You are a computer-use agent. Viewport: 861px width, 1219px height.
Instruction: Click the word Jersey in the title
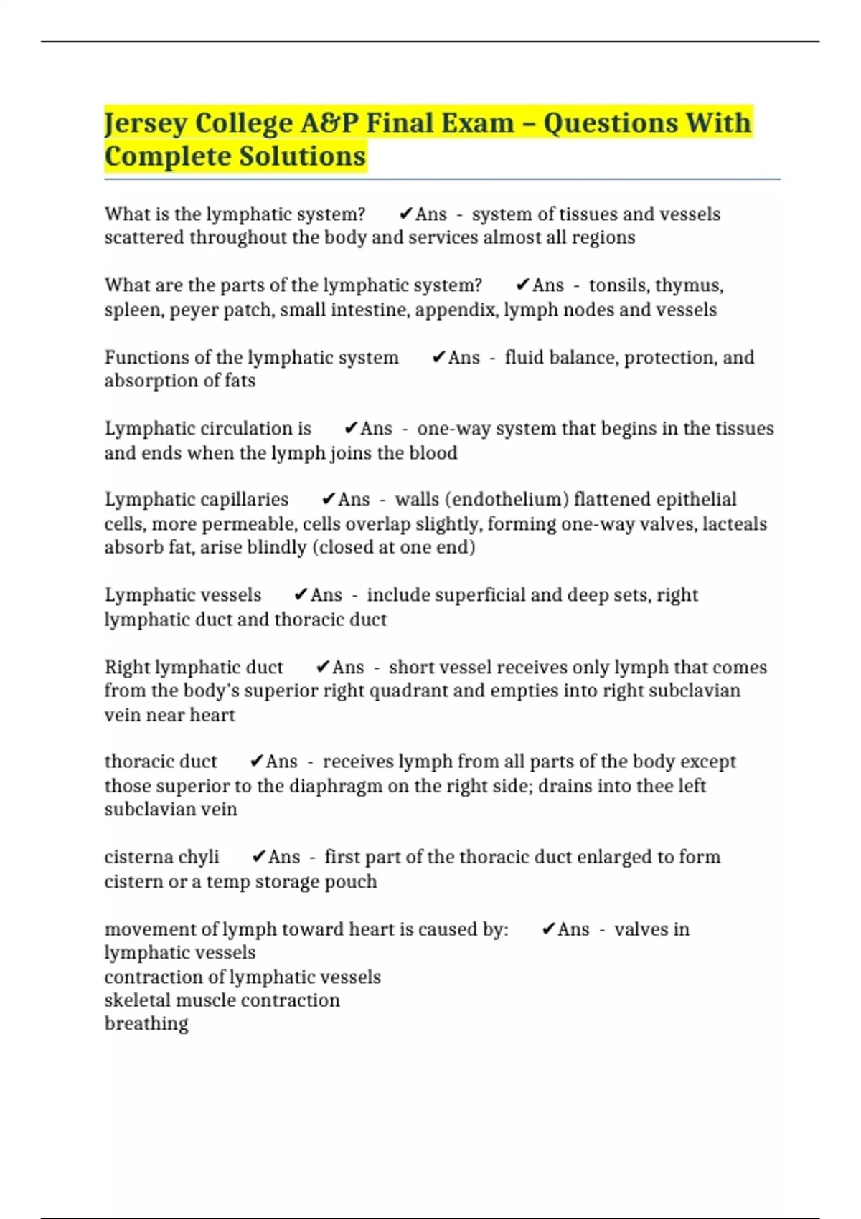pos(146,123)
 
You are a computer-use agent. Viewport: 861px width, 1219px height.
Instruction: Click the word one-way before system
pos(453,429)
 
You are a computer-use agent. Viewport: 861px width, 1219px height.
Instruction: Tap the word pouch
pos(353,881)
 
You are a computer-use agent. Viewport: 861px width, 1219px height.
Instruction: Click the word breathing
pos(146,1024)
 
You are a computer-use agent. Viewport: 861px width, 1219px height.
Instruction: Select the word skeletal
pos(137,1000)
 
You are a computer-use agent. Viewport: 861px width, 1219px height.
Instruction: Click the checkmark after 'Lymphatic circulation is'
pos(351,429)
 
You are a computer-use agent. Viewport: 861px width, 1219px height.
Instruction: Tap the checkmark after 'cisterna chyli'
pos(259,857)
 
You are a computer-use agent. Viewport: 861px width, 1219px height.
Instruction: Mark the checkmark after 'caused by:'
pos(548,929)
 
